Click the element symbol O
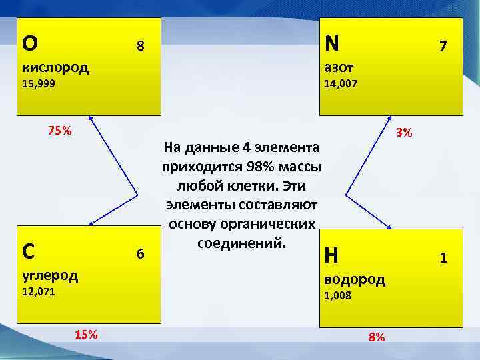[x=30, y=43]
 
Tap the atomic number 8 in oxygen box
[x=140, y=46]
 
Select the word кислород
[x=55, y=67]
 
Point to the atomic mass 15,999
[x=39, y=85]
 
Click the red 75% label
[x=59, y=130]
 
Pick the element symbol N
[x=331, y=43]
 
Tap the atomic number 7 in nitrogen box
[x=442, y=46]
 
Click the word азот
[x=339, y=67]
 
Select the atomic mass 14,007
[x=340, y=85]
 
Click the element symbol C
[x=29, y=251]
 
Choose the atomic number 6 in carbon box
[x=140, y=254]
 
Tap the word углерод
[x=50, y=275]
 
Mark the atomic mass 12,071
[x=39, y=292]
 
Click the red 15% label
[x=86, y=334]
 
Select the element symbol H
[x=331, y=255]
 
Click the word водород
[x=355, y=279]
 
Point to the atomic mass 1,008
[x=337, y=296]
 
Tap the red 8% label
[x=377, y=337]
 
